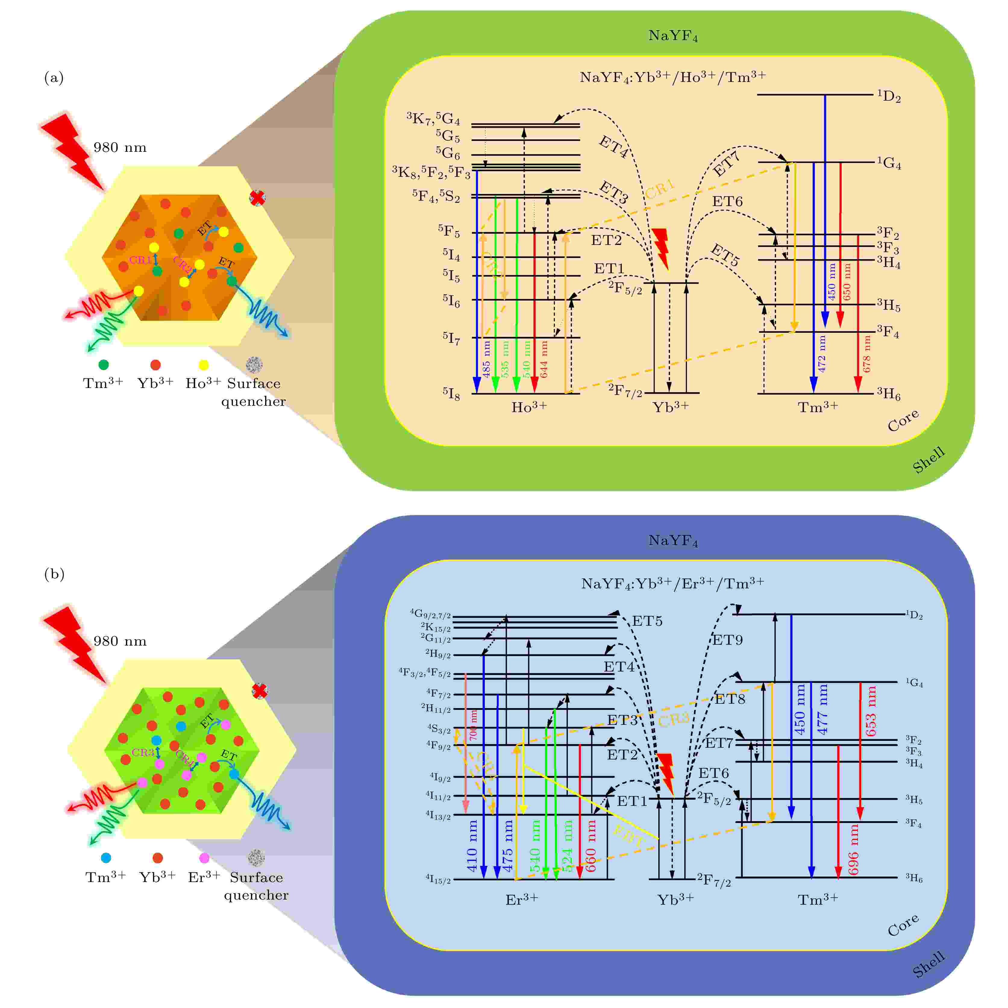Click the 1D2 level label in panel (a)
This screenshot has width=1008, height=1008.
[888, 96]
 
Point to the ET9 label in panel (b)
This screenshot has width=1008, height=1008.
[727, 640]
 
